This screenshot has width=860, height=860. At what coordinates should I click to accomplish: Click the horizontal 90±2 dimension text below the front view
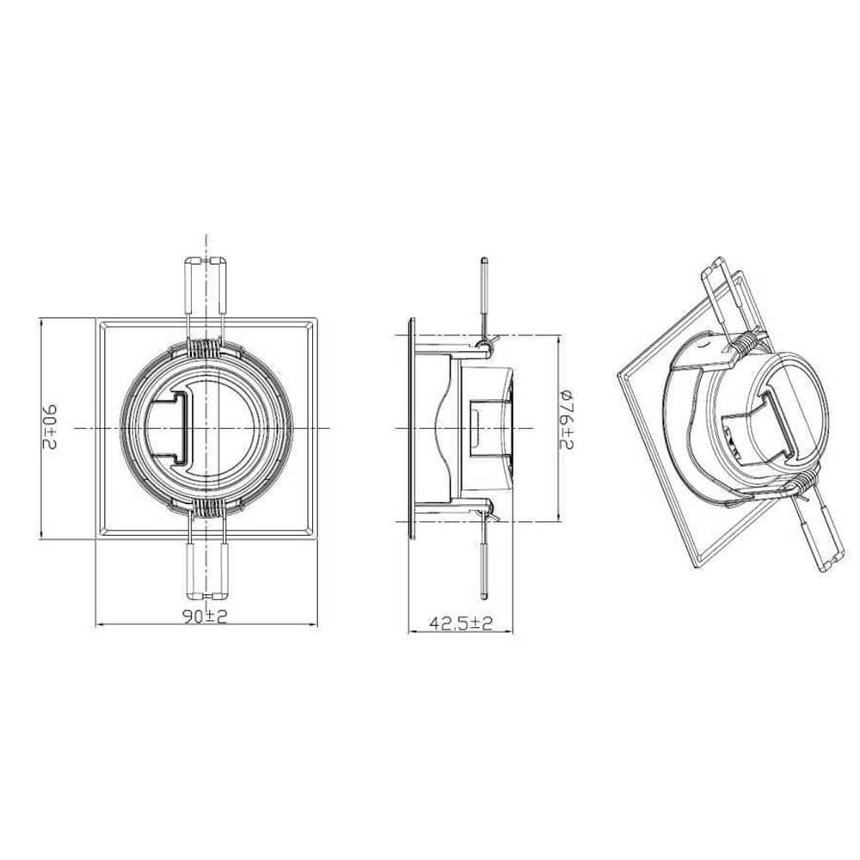[x=205, y=616]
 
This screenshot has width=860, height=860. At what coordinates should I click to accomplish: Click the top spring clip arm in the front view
[x=206, y=288]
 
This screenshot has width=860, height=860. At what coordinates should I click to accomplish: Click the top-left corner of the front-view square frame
[x=96, y=320]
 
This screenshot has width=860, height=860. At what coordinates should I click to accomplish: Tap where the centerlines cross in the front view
[x=206, y=427]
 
